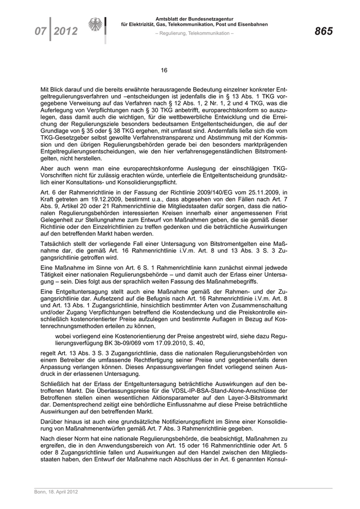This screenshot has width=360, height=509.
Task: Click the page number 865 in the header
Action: click(x=323, y=31)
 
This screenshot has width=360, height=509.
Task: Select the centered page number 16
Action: click(x=164, y=70)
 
